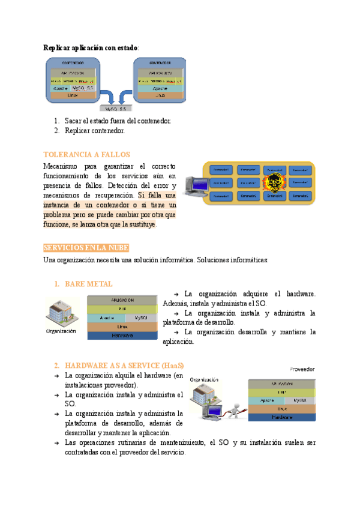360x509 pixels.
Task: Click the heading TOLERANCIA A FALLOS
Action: coord(87,154)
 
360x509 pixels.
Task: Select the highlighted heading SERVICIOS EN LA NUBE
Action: coord(86,248)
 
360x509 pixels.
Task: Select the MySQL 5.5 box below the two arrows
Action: coord(115,109)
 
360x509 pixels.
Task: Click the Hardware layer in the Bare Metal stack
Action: coord(122,336)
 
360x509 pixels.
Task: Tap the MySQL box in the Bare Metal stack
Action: coord(142,318)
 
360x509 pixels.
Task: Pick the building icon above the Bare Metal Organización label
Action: coord(61,313)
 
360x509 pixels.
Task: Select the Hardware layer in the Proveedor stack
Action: coord(281,417)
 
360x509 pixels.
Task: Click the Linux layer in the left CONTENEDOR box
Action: coord(73,95)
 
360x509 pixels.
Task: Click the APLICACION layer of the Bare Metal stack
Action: coord(122,300)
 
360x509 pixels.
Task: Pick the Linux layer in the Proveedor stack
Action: coord(281,408)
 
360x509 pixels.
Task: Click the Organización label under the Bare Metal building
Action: coord(61,331)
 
